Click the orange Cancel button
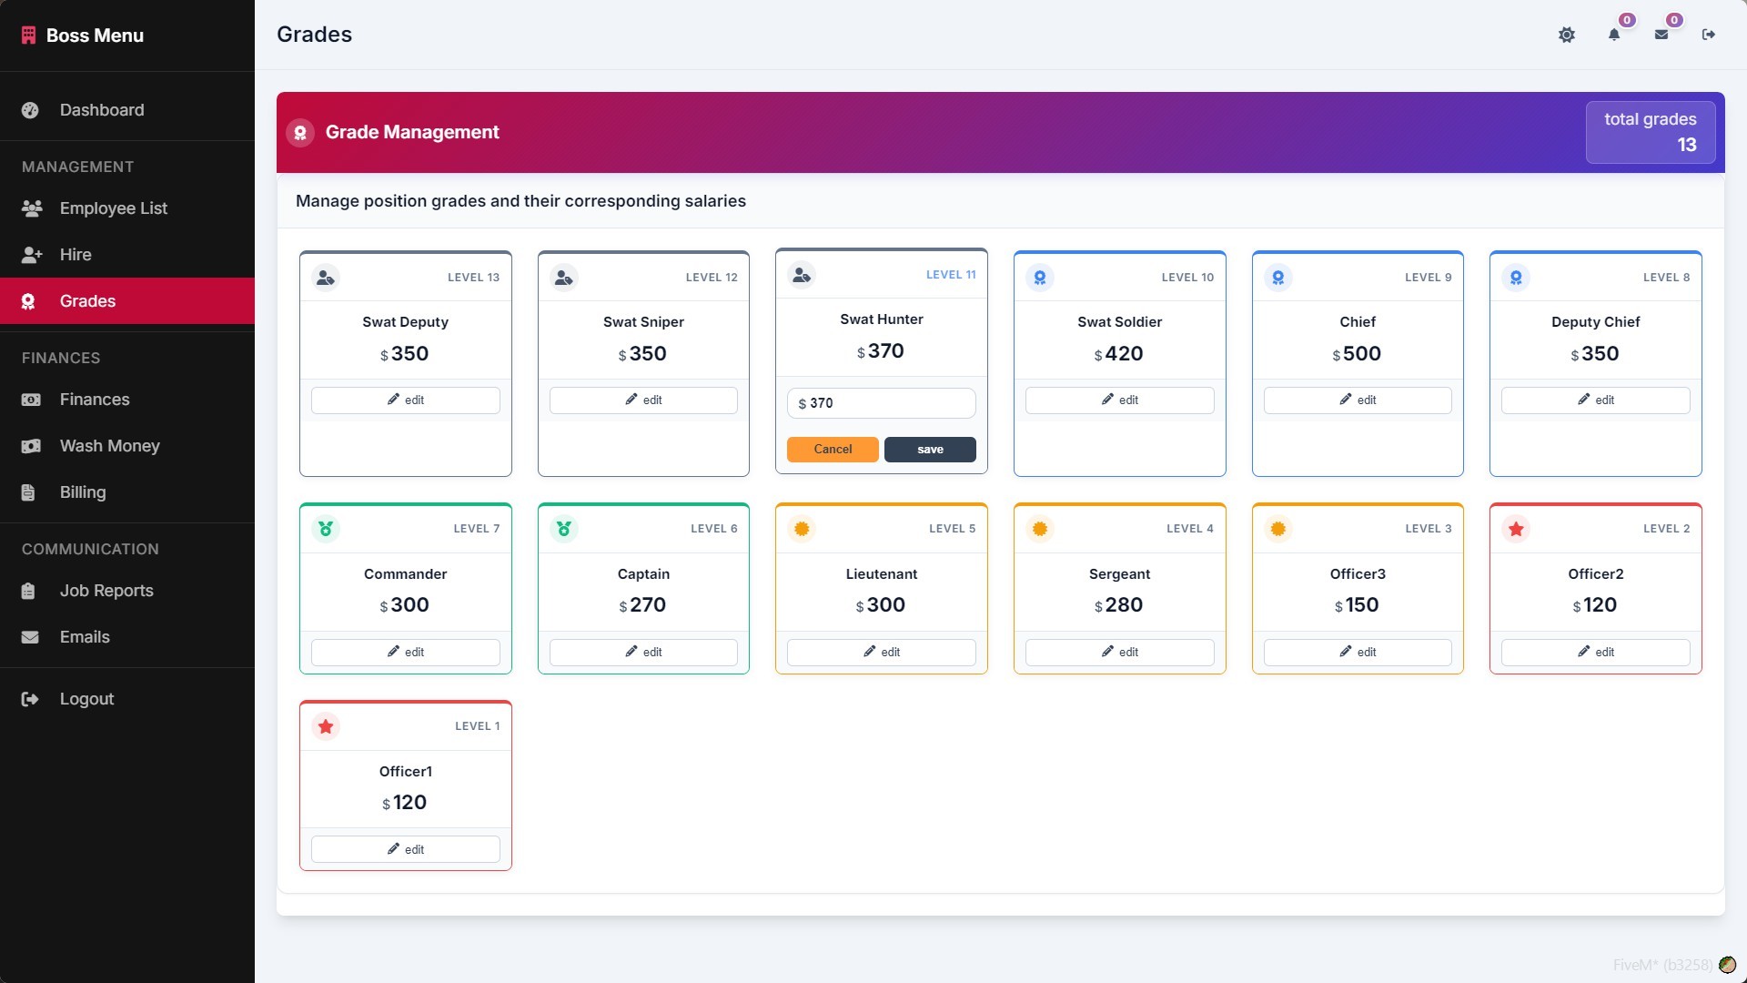[833, 450]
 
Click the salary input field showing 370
[881, 403]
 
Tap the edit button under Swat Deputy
[405, 400]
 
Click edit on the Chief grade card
[1358, 400]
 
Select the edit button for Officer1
[405, 849]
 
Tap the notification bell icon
[1614, 35]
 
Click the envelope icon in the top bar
[1661, 35]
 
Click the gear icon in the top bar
[1567, 35]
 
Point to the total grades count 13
[1687, 145]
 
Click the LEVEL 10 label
[1187, 278]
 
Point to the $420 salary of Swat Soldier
[1118, 353]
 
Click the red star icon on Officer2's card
[1516, 529]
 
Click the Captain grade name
[643, 574]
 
